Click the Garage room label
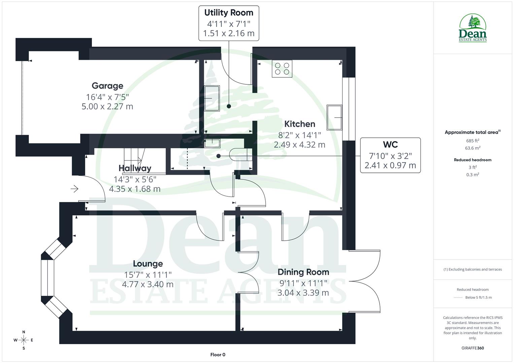click(x=107, y=86)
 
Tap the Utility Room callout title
click(x=229, y=13)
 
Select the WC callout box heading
click(x=390, y=145)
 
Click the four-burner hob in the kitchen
click(x=282, y=69)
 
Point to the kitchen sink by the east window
click(x=334, y=118)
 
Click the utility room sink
click(x=212, y=98)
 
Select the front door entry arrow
click(x=74, y=189)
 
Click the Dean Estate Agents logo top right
click(x=473, y=28)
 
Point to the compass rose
click(x=24, y=340)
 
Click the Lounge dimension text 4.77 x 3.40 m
click(x=147, y=284)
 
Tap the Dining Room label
click(x=303, y=272)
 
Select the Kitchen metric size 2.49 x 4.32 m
click(x=299, y=145)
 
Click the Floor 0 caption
click(x=217, y=355)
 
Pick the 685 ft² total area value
click(x=473, y=141)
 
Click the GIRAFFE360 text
click(x=473, y=348)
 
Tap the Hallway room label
click(x=135, y=168)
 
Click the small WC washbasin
click(x=212, y=144)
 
